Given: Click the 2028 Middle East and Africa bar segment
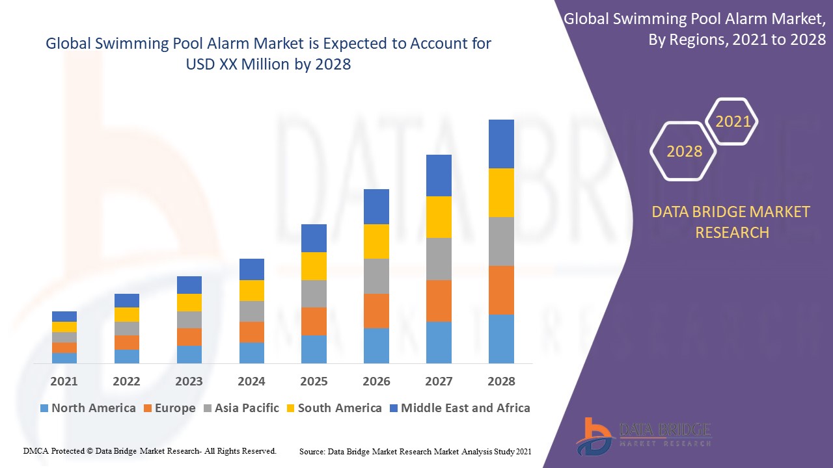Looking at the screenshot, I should pyautogui.click(x=501, y=144).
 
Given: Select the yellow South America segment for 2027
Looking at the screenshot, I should pyautogui.click(x=439, y=217).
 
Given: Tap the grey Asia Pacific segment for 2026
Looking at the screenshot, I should pyautogui.click(x=376, y=276).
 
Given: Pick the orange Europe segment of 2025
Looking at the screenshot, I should pyautogui.click(x=314, y=321).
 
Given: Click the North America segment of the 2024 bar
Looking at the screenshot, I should pyautogui.click(x=252, y=352).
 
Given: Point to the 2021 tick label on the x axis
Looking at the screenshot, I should pyautogui.click(x=64, y=381).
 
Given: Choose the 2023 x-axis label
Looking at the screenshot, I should pyautogui.click(x=189, y=381).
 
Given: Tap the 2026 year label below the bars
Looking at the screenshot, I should pyautogui.click(x=376, y=381).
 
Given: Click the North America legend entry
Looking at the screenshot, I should pyautogui.click(x=88, y=408).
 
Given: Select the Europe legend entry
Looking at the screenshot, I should pyautogui.click(x=169, y=408).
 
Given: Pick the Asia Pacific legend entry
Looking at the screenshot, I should pyautogui.click(x=241, y=408).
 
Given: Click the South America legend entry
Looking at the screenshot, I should pyautogui.click(x=334, y=408).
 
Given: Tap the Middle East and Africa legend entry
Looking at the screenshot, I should pyautogui.click(x=459, y=408).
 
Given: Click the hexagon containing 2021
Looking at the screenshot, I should pyautogui.click(x=733, y=122).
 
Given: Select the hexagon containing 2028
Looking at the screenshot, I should pyautogui.click(x=684, y=151).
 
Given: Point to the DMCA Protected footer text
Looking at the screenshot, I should pyautogui.click(x=150, y=450).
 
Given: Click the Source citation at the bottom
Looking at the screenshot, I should pyautogui.click(x=415, y=450).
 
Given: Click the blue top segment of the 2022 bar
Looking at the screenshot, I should pyautogui.click(x=127, y=300).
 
